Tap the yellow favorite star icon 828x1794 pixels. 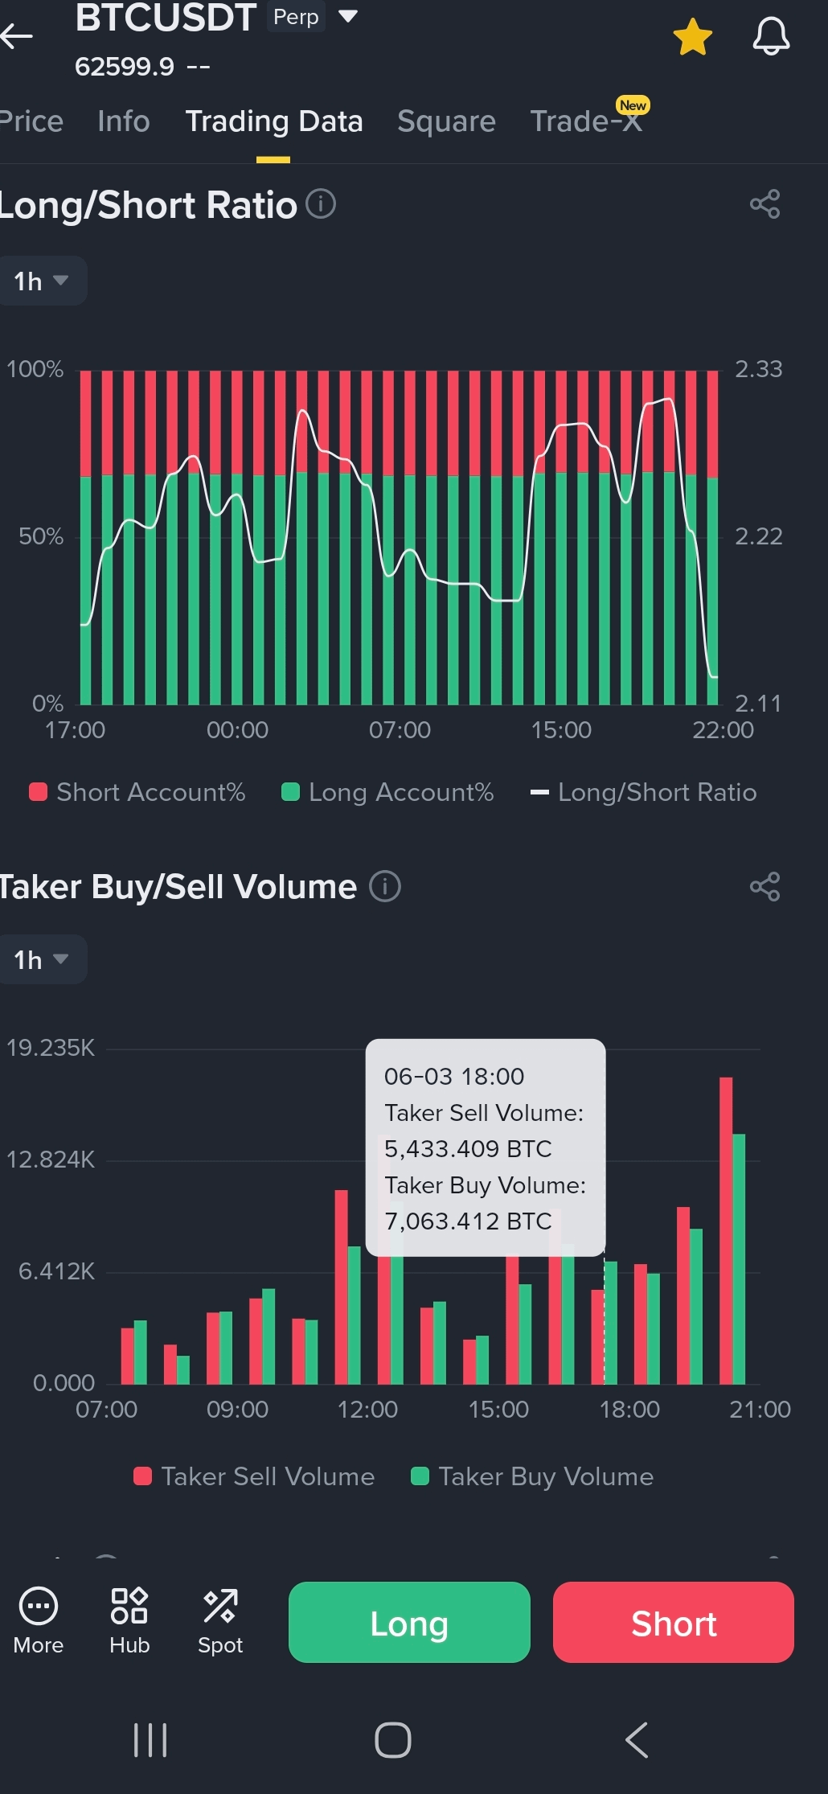point(692,37)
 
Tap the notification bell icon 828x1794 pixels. point(771,37)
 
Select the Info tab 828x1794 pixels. point(124,121)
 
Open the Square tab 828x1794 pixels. point(446,121)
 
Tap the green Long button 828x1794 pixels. point(409,1622)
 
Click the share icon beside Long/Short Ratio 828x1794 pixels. point(764,204)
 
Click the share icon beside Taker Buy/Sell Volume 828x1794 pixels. point(764,886)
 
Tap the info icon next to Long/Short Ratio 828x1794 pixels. point(321,203)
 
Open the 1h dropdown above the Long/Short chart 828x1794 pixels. point(41,281)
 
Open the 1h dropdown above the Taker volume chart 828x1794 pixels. point(41,959)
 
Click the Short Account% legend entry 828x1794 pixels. point(137,792)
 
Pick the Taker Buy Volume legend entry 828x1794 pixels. point(532,1476)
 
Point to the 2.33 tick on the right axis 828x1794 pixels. point(758,369)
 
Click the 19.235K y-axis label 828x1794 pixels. point(51,1048)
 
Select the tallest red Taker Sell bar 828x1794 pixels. point(726,1230)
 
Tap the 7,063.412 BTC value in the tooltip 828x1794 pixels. point(468,1221)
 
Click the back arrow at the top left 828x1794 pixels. point(17,35)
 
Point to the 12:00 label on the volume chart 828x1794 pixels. point(367,1409)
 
